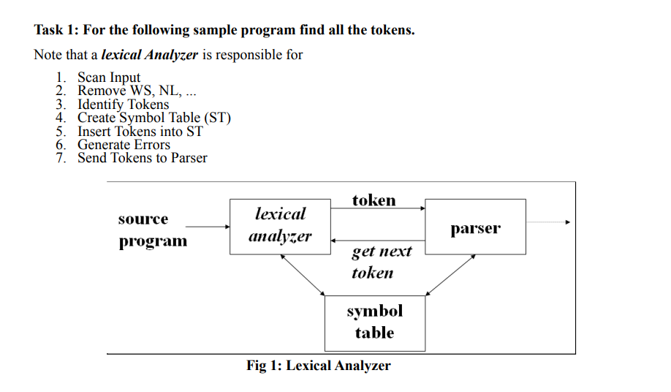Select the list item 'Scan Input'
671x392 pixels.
click(x=109, y=78)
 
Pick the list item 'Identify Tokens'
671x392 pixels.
click(x=123, y=104)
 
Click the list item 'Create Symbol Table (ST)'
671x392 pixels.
click(x=154, y=117)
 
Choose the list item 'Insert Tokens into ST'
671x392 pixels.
click(x=140, y=131)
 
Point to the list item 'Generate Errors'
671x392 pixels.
click(x=124, y=144)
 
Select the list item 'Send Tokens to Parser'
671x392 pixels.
click(x=143, y=157)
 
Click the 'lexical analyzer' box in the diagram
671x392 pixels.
click(x=280, y=226)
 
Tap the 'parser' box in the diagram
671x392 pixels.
click(x=475, y=227)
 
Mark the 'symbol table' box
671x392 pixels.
click(x=374, y=323)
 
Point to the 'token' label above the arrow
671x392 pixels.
click(x=374, y=200)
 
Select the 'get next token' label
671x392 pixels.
click(x=380, y=262)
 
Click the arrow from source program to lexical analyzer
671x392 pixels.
click(x=208, y=227)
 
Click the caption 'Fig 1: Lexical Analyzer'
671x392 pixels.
click(x=319, y=366)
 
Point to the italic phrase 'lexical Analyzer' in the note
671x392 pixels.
click(x=149, y=55)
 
